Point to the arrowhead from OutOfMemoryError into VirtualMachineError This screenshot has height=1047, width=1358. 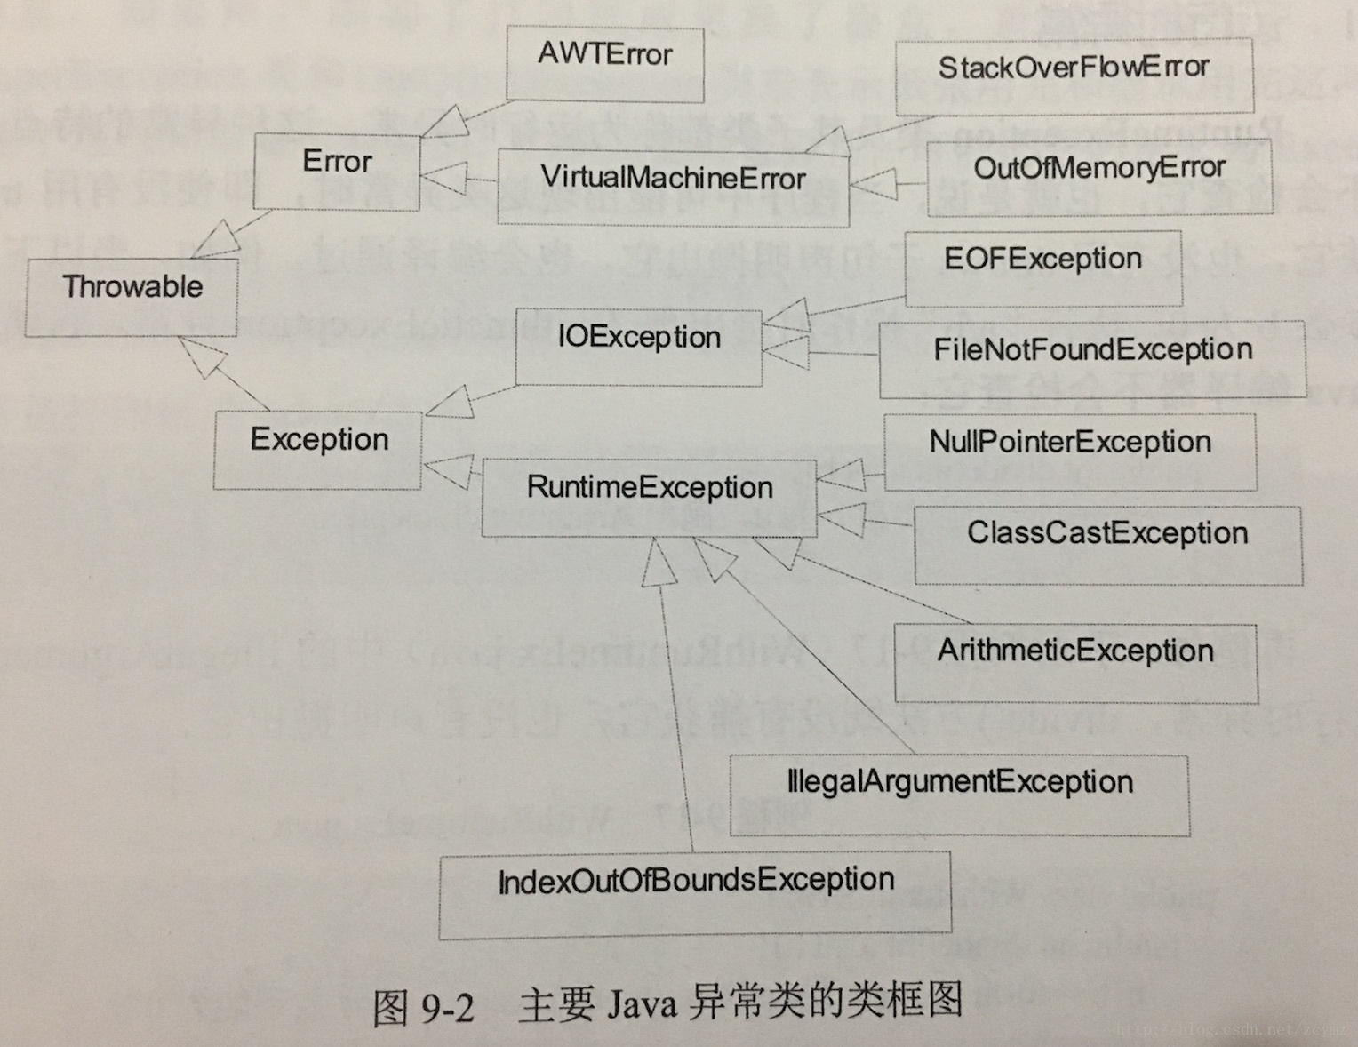(x=873, y=185)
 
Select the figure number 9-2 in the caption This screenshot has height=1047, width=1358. (x=447, y=1007)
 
